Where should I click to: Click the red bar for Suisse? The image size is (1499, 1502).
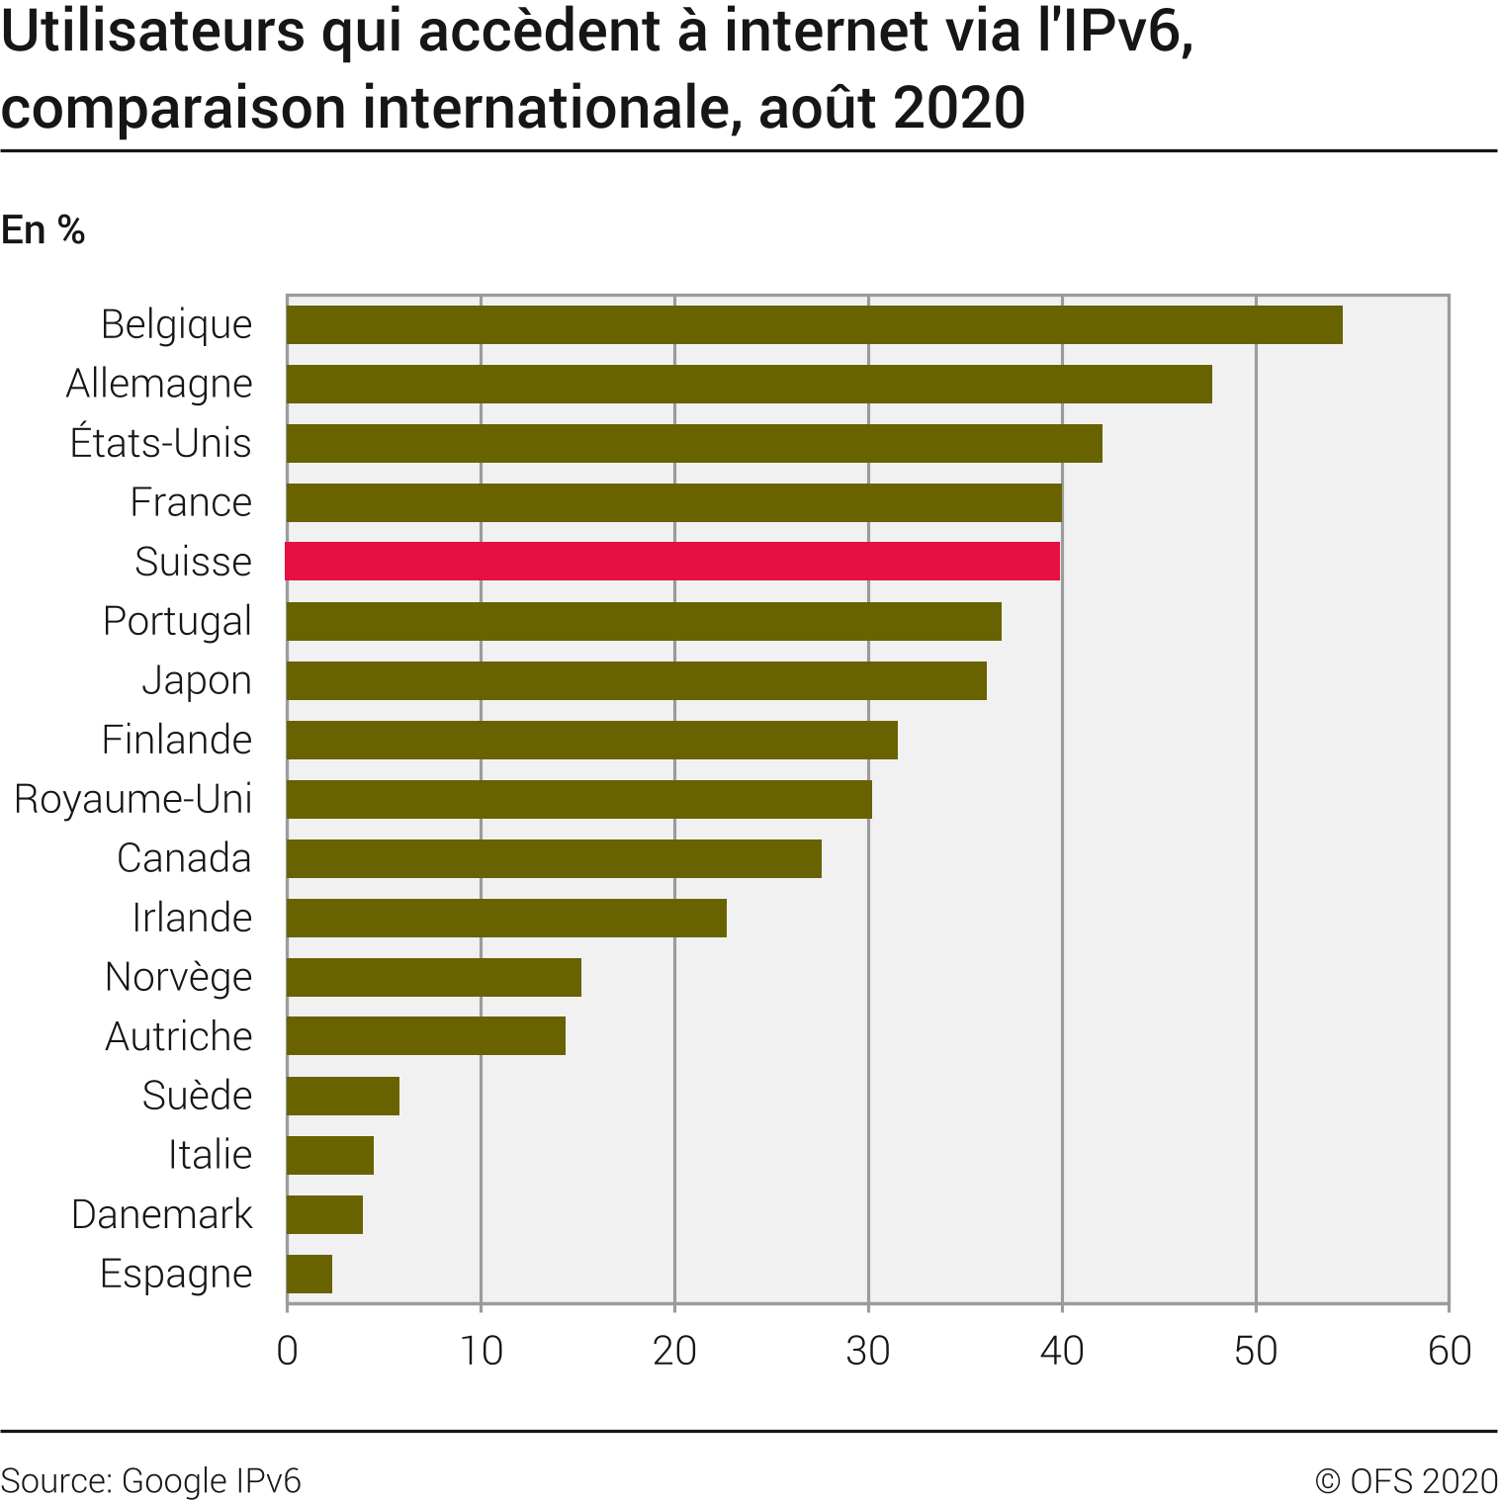coord(672,562)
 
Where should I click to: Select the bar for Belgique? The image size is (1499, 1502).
coord(814,324)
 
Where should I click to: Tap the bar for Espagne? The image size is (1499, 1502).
coord(309,1274)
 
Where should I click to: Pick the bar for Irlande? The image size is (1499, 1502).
coord(506,918)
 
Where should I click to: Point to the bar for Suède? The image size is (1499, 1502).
coord(343,1096)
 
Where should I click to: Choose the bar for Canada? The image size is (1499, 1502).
coord(554,858)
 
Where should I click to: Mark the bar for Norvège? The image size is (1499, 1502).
coord(434,977)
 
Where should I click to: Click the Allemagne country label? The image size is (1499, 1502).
coord(159,384)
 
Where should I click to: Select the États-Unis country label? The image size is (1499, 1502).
coord(161,443)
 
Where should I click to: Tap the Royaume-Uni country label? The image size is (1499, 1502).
coord(133,799)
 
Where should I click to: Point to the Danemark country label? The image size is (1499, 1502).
coord(162,1214)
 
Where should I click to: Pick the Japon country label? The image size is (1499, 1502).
coord(197,680)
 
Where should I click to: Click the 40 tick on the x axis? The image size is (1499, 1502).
coord(1062,1351)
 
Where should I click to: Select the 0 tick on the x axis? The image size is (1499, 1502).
coord(287,1351)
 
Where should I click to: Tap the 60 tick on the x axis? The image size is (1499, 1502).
coord(1450,1351)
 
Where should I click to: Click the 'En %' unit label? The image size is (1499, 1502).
coord(44,230)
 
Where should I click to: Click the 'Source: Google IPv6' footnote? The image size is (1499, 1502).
coord(151,1481)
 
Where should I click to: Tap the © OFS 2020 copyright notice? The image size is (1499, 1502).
coord(1406,1481)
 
